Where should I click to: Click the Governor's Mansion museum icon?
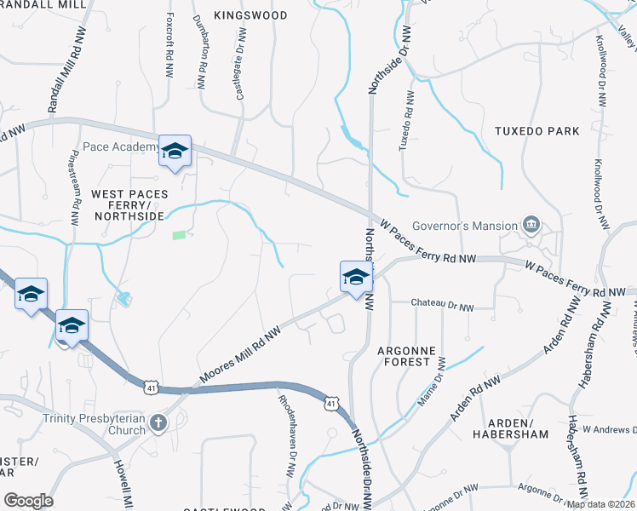[532, 225]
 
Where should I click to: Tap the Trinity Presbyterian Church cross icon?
[158, 423]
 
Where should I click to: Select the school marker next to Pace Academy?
[175, 152]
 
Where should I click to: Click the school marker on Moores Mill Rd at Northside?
[356, 276]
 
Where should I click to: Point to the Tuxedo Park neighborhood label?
[537, 131]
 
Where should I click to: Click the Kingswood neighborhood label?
[250, 15]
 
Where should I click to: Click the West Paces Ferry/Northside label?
[128, 205]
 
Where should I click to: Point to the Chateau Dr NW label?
[442, 302]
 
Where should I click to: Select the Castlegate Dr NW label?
[241, 64]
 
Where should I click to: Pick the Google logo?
[28, 501]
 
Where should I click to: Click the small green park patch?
[179, 235]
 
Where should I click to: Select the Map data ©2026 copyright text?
[600, 504]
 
